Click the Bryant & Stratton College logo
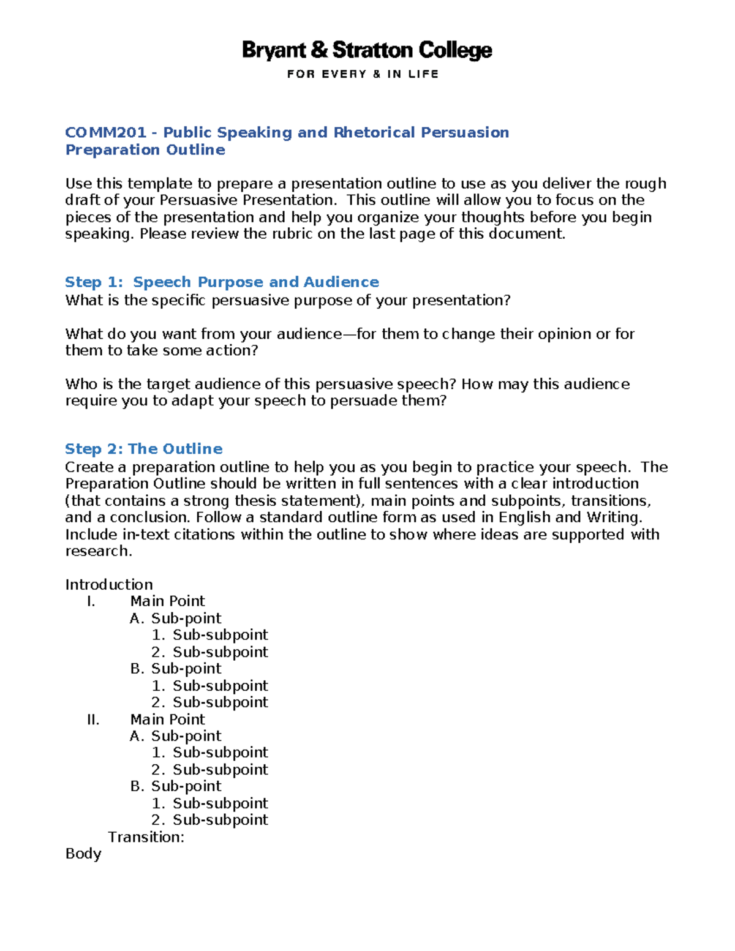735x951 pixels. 367,50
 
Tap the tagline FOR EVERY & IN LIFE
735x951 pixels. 363,74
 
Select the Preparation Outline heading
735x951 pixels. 145,150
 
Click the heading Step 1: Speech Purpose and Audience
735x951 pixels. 222,282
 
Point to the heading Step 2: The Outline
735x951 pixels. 143,449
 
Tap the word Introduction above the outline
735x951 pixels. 109,584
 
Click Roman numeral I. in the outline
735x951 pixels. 91,601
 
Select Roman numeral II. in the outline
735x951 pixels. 93,720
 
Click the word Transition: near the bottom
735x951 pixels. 146,837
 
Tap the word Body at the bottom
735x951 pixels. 83,854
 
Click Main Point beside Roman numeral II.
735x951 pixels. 167,720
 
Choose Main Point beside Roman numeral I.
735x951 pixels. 167,601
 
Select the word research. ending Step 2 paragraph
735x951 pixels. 99,551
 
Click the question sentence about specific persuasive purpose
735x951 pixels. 288,301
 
